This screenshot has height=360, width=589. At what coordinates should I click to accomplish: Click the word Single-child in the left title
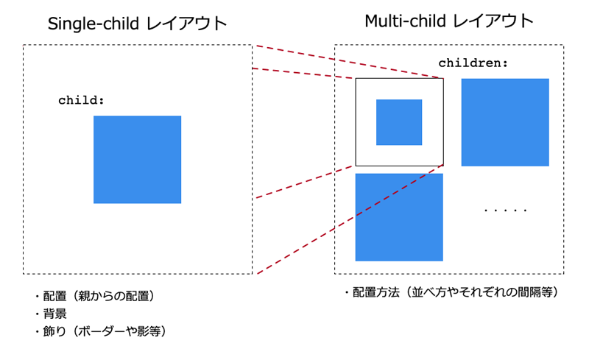click(x=94, y=24)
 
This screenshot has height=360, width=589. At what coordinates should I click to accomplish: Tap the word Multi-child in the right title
click(x=406, y=21)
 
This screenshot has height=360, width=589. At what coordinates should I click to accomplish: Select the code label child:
click(x=81, y=100)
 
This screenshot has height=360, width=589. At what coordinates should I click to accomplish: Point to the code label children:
click(x=473, y=63)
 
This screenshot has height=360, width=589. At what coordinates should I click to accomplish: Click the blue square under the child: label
click(x=137, y=159)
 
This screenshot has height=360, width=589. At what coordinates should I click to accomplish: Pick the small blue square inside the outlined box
click(x=399, y=122)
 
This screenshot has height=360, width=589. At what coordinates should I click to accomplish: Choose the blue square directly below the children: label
click(x=505, y=122)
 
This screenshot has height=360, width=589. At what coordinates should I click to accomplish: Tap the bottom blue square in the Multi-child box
click(x=399, y=217)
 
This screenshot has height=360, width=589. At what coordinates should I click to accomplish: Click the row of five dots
click(x=505, y=210)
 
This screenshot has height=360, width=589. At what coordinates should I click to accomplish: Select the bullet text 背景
click(x=54, y=314)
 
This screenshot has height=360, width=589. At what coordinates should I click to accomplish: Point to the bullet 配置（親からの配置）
click(x=99, y=296)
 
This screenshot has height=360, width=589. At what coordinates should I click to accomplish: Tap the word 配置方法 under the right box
click(x=376, y=292)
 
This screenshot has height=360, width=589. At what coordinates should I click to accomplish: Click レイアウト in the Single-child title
click(x=186, y=24)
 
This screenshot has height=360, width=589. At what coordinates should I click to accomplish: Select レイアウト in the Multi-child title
click(x=493, y=21)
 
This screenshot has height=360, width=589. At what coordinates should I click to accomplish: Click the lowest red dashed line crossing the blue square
click(x=350, y=219)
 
